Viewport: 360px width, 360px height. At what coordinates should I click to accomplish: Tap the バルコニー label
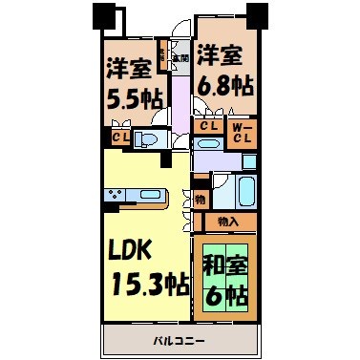(179, 340)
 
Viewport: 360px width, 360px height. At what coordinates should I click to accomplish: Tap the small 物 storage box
(200, 199)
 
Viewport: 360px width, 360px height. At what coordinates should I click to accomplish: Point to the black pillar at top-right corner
(254, 14)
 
